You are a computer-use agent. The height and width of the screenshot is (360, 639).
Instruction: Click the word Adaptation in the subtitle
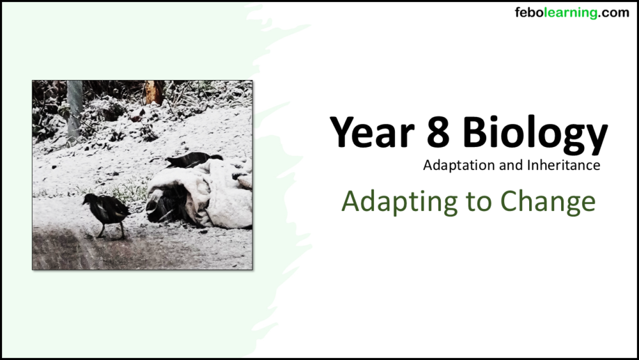point(453,166)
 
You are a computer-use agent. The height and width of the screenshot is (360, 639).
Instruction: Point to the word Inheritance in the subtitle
point(564,166)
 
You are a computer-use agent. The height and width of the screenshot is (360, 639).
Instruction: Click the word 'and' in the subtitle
point(507,166)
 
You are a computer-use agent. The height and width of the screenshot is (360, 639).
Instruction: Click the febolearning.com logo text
point(571,13)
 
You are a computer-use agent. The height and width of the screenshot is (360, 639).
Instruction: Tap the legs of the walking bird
point(111,231)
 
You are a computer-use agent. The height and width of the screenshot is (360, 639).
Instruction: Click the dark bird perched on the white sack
point(192,159)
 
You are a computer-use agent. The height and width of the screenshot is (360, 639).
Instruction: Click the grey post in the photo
point(75,109)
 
